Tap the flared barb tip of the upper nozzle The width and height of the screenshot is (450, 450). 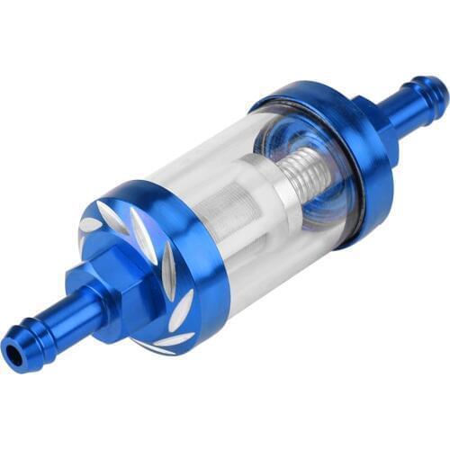[433, 90]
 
